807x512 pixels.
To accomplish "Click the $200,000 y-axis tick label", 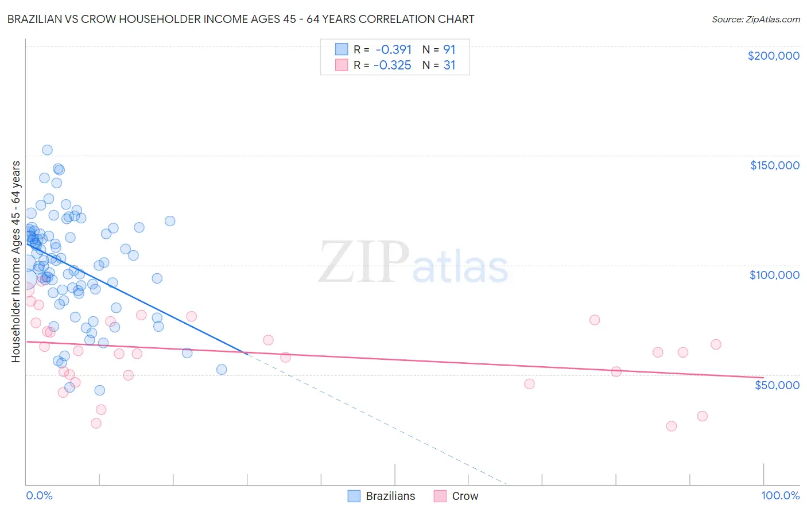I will point(773,56).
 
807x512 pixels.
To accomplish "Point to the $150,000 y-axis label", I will point(774,165).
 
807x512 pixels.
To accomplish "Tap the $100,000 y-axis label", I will point(774,275).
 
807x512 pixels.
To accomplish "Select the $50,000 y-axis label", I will point(777,385).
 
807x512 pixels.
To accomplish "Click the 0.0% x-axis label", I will point(39,495).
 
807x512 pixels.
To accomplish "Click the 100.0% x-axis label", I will point(780,495).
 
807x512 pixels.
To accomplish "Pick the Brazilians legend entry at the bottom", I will point(382,496).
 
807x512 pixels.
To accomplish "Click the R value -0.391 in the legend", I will point(393,49).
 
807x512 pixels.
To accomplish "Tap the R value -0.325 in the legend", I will point(393,65).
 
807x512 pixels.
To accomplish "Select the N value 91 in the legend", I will point(449,49).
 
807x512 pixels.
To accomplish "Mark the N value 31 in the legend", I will point(449,65).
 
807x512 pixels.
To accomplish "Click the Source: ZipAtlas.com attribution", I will point(755,19).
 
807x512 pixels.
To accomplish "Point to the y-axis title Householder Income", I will point(15,261).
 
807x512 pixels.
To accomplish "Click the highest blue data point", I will point(47,150).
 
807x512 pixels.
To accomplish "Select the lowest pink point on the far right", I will point(672,426).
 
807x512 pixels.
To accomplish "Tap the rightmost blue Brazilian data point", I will point(222,370).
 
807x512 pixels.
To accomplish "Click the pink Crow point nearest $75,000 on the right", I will point(595,320).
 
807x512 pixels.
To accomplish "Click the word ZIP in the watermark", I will point(364,262).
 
